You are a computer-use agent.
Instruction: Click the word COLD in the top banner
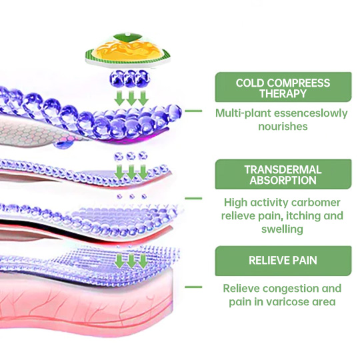[x=250, y=83]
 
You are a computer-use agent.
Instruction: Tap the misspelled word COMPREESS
[x=298, y=83]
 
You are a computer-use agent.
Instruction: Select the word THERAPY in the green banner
[x=283, y=94]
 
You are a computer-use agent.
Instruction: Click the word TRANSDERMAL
[x=283, y=170]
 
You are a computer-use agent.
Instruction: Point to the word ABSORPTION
[x=283, y=180]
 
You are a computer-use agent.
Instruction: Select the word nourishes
[x=283, y=127]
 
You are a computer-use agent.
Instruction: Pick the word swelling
[x=283, y=229]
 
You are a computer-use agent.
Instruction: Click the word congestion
[x=291, y=289]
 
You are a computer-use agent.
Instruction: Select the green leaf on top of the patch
[x=127, y=38]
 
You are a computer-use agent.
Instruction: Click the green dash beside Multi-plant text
[x=193, y=111]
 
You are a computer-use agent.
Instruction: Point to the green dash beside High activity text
[x=193, y=199]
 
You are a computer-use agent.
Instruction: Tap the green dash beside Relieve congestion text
[x=193, y=287]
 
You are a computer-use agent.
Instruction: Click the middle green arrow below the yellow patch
[x=131, y=98]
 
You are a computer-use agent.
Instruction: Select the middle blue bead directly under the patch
[x=130, y=79]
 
